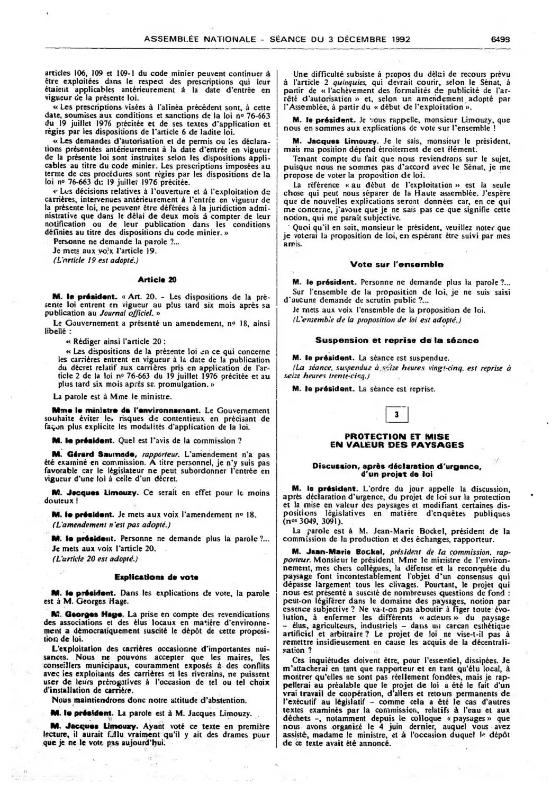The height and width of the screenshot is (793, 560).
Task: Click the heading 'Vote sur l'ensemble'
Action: point(396,264)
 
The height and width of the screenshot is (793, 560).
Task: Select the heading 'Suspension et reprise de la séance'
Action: point(396,340)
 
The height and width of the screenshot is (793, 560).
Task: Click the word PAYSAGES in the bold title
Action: point(437,444)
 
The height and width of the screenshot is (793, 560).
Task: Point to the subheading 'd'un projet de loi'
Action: point(396,475)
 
